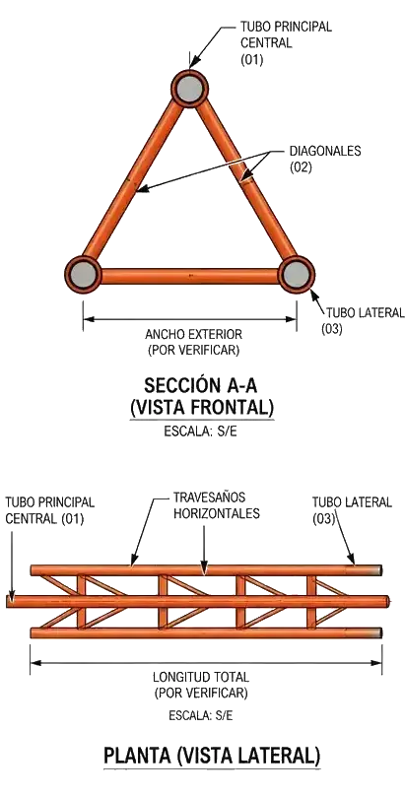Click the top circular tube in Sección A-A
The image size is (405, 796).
coord(190,89)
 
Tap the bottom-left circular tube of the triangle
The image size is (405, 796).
coord(83,275)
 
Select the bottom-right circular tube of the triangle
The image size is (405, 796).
coord(297,275)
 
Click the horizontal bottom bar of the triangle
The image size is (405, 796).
coord(190,276)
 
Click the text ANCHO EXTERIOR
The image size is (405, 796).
coord(193,335)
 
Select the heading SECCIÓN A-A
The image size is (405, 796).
coord(200,386)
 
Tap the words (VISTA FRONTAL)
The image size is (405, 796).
coord(201,408)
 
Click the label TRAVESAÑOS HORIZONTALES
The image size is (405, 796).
coord(217,504)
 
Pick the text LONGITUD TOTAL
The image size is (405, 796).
coord(201,677)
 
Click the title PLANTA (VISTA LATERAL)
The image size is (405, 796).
coord(212,756)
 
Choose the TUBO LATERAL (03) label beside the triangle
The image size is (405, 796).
coord(363,320)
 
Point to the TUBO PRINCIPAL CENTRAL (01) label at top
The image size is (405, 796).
coord(286,42)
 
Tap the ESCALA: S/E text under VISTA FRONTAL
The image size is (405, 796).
coord(200,432)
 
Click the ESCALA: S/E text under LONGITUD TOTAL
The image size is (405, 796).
coord(201,716)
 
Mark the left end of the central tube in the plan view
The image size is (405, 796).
coord(8,602)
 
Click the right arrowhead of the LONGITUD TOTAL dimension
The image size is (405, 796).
coord(376,662)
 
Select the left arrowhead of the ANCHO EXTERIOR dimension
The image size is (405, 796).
coord(89,319)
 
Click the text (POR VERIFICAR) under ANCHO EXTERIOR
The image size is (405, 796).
coord(193,351)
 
